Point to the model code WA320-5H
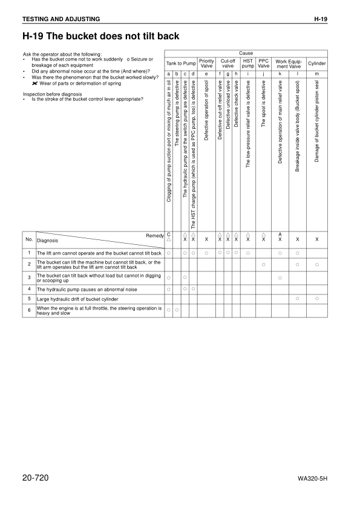pyautogui.click(x=312, y=479)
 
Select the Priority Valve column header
pyautogui.click(x=206, y=63)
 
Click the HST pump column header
pyautogui.click(x=247, y=63)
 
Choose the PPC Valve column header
pyautogui.click(x=264, y=63)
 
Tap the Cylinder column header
pyautogui.click(x=316, y=63)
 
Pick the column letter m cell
pyautogui.click(x=316, y=73)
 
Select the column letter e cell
pyautogui.click(x=206, y=73)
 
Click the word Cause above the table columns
pyautogui.click(x=246, y=53)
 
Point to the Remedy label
pyautogui.click(x=155, y=235)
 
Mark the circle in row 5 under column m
pyautogui.click(x=316, y=299)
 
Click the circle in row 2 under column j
pyautogui.click(x=264, y=265)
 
